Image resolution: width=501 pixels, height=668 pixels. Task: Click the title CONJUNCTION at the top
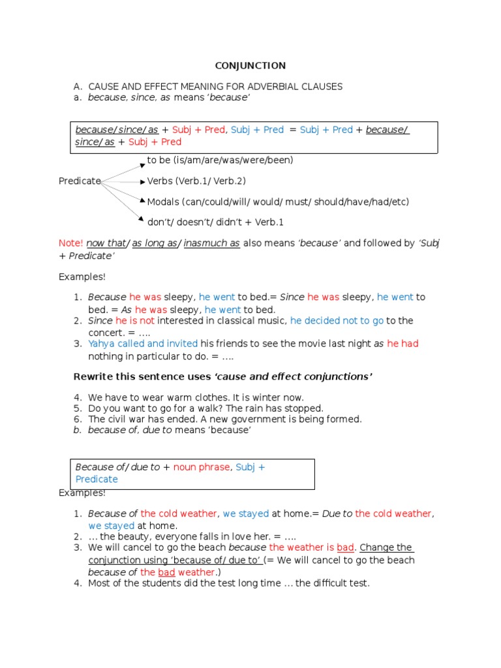[x=250, y=65]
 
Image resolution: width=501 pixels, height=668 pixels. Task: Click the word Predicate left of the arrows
[x=80, y=181]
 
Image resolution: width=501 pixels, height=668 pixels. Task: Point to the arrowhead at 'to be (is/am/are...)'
[x=142, y=162]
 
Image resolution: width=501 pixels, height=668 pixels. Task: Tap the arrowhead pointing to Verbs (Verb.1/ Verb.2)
[x=143, y=181]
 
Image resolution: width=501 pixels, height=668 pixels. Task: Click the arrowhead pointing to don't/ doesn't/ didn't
[x=142, y=218]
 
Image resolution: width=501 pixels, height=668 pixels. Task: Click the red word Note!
[x=70, y=243]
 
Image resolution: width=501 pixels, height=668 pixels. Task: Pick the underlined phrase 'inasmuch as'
[x=211, y=243]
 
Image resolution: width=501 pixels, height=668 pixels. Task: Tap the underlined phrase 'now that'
[x=106, y=243]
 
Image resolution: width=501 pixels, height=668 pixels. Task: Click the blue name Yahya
[x=100, y=344]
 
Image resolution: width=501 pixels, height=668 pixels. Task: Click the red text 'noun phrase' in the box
[x=202, y=467]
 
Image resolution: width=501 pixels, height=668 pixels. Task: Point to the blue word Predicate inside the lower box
[x=97, y=479]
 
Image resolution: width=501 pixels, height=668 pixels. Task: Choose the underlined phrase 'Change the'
[x=386, y=548]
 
